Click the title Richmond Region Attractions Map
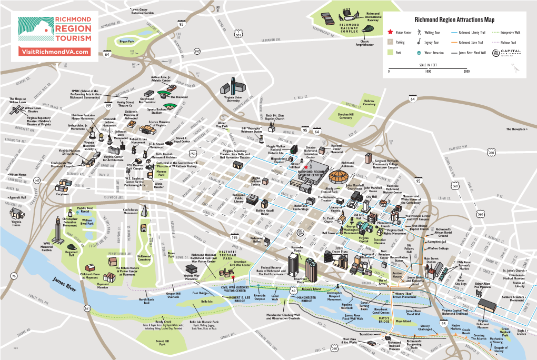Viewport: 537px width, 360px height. pyautogui.click(x=454, y=20)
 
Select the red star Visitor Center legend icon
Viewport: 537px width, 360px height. pyautogui.click(x=390, y=33)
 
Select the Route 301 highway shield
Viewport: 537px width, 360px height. pyautogui.click(x=238, y=36)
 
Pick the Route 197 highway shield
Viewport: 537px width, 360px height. pyautogui.click(x=197, y=51)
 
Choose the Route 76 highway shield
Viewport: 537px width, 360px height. pyautogui.click(x=13, y=276)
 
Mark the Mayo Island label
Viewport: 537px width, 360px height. pyautogui.click(x=403, y=321)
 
